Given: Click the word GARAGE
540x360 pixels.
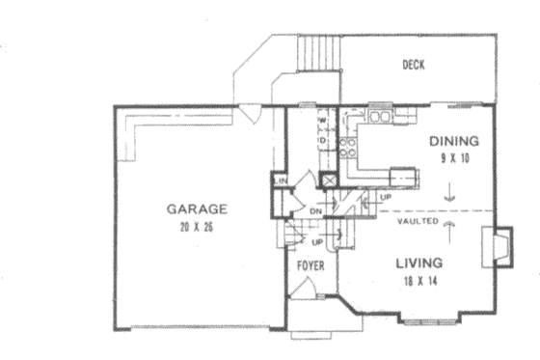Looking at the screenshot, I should (x=196, y=208).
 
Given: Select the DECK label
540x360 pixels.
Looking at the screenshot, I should (x=415, y=66).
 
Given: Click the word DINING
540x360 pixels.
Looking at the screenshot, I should (x=453, y=141).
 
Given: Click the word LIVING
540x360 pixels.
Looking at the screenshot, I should (x=418, y=263).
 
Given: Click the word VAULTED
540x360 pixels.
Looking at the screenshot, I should (x=417, y=221).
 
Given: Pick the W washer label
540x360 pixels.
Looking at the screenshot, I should (x=324, y=122).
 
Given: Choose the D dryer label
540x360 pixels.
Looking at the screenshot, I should (x=324, y=142).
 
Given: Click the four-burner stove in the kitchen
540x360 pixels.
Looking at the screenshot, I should (x=351, y=145).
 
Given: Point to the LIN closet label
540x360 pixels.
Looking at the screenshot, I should (x=283, y=180).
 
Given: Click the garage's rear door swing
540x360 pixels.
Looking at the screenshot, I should (x=249, y=115).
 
